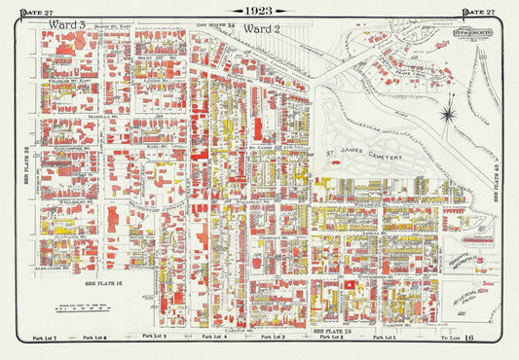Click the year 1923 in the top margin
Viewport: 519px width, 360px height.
(x=260, y=11)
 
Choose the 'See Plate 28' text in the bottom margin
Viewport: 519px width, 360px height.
(x=329, y=331)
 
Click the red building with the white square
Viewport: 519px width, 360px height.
(x=349, y=284)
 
